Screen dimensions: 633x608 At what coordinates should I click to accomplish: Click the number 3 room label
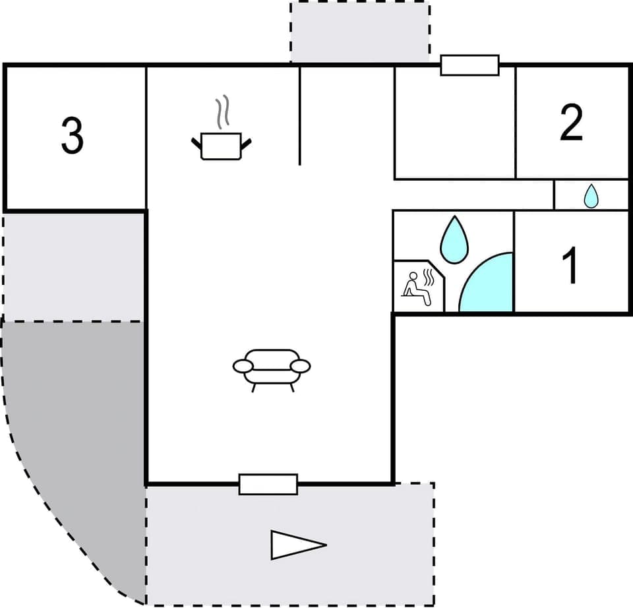pos(72,135)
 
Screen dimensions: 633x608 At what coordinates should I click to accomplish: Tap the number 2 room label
pos(571,123)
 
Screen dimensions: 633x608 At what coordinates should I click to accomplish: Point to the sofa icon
pos(272,368)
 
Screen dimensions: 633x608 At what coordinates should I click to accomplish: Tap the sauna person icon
pos(419,288)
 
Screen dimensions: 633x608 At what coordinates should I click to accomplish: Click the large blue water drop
pos(454,239)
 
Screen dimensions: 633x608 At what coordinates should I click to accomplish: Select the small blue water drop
pos(591,196)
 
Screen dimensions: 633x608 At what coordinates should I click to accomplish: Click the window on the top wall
pos(469,65)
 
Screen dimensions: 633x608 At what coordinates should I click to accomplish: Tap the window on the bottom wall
pos(268,484)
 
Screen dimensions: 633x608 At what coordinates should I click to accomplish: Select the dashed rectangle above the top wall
pos(360,32)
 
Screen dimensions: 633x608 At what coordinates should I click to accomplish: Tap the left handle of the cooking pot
pos(196,142)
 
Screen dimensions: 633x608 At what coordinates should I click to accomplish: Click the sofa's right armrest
pos(301,365)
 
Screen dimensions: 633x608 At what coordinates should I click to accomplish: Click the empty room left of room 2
pos(454,125)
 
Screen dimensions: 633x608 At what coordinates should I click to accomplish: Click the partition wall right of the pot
pos(300,115)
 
